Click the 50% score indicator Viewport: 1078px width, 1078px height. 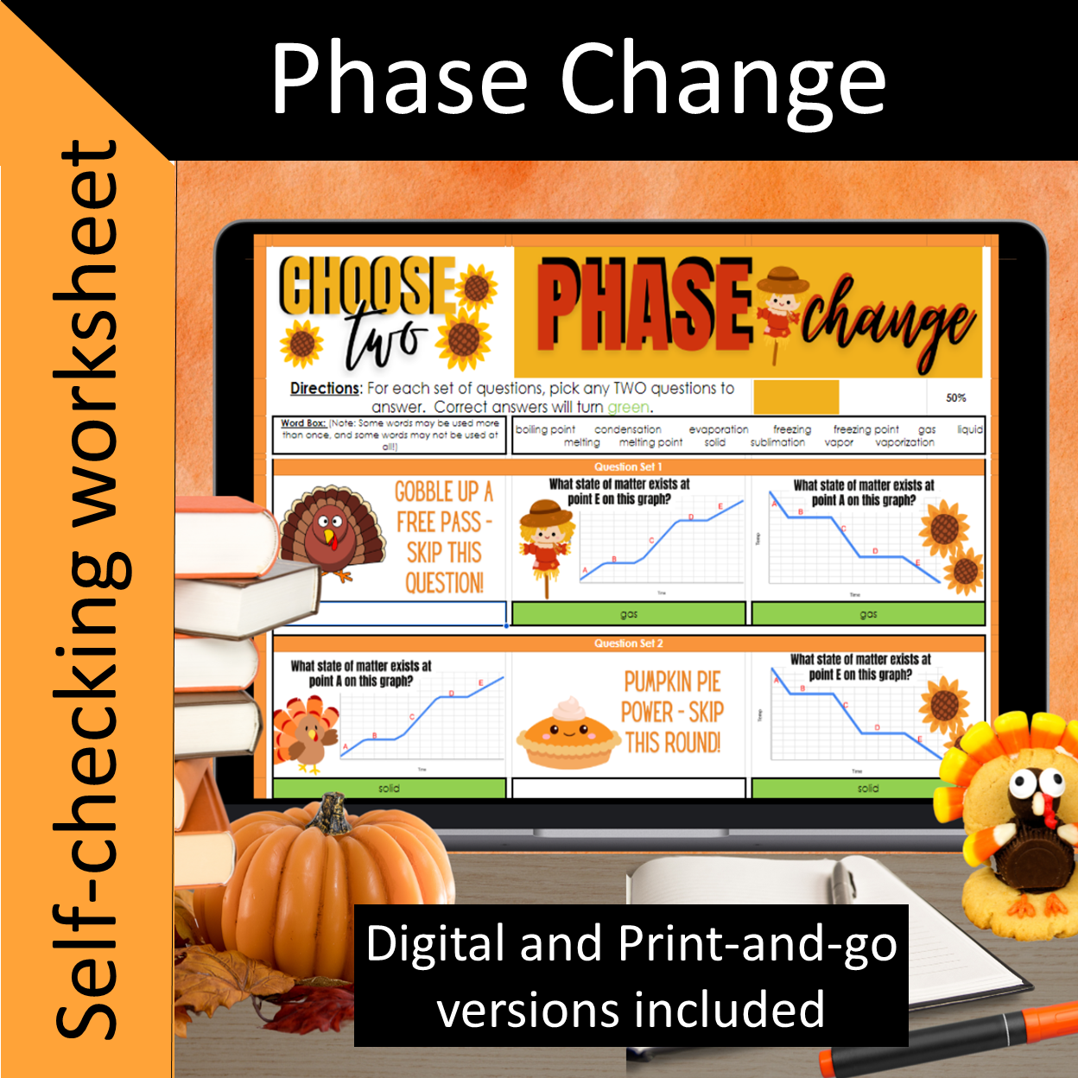[x=955, y=398]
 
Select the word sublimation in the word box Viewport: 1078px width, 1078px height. [x=777, y=442]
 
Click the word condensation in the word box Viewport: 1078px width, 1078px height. [x=628, y=429]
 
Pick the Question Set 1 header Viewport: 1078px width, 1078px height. [x=628, y=466]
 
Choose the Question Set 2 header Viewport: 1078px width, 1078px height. [x=628, y=644]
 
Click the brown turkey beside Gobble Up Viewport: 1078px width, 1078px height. [x=332, y=532]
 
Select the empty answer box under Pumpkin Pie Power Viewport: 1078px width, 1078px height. [x=628, y=788]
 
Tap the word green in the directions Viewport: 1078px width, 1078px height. [x=628, y=407]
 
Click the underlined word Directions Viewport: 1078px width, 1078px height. [x=325, y=389]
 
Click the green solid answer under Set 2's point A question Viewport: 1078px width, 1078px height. [x=389, y=788]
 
